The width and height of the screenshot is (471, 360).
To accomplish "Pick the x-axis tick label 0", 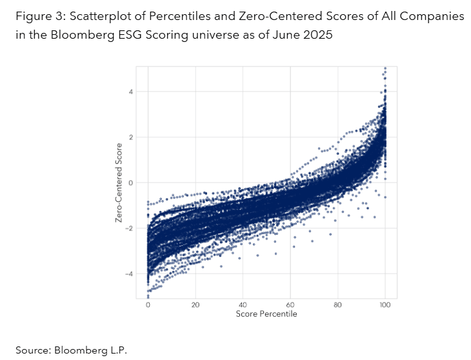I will [148, 305].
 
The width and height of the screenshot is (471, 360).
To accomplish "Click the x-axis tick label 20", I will [195, 305].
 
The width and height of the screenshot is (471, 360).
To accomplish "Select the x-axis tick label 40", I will [243, 305].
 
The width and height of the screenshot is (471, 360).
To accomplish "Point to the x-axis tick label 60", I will [290, 305].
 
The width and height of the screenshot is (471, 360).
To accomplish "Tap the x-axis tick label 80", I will [338, 305].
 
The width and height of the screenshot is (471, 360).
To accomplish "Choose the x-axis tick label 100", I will [385, 305].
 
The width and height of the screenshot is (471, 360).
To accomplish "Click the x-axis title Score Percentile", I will [267, 314].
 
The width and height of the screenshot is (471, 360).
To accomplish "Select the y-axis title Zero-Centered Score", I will [119, 183].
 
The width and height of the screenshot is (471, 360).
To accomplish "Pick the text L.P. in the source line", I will [118, 350].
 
